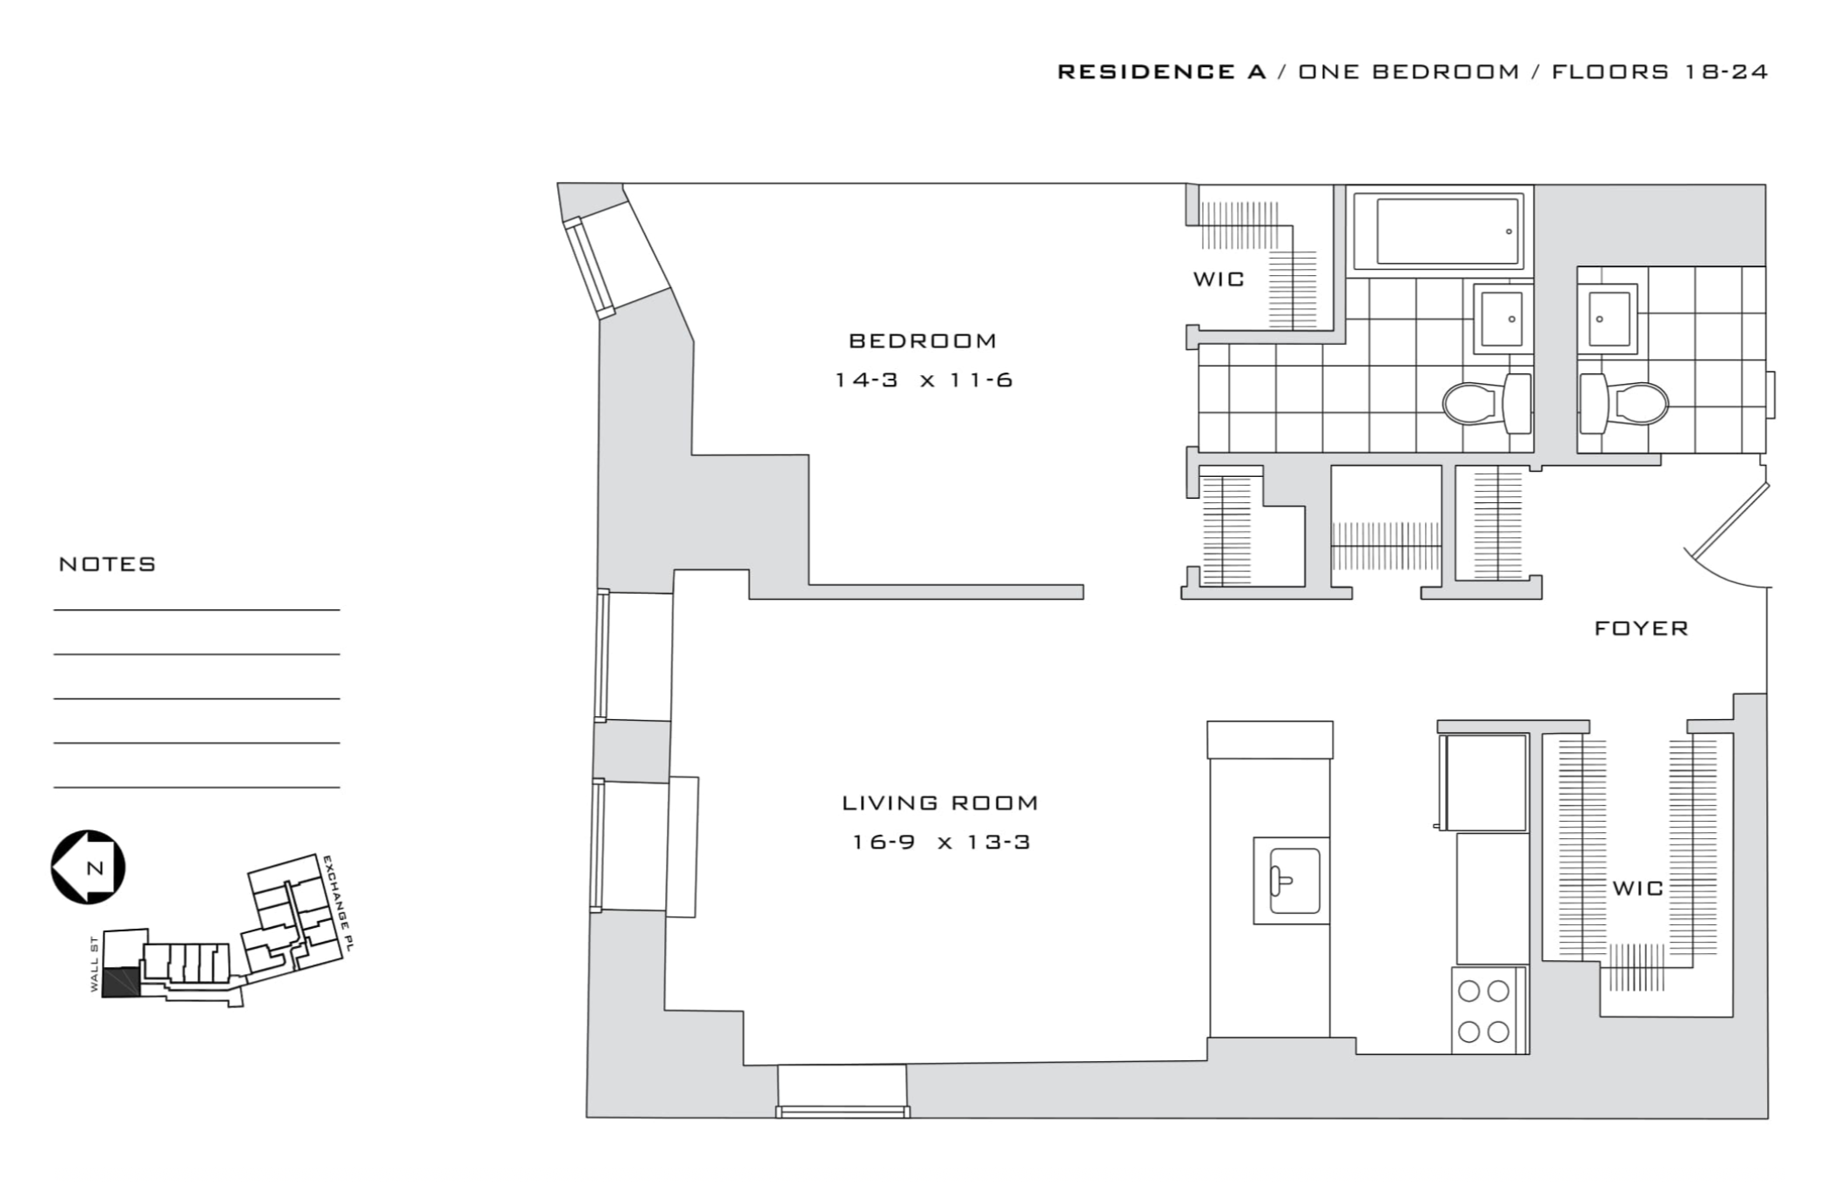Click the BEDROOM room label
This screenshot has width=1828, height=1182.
(x=923, y=341)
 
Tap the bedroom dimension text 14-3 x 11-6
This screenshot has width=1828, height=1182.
(x=924, y=380)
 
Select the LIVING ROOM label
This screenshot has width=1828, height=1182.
(x=940, y=803)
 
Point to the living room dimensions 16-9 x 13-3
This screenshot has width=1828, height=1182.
(x=940, y=843)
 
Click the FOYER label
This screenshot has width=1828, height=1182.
(x=1641, y=628)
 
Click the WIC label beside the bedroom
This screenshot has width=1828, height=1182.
(x=1219, y=279)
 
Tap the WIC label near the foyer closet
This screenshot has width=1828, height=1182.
(x=1637, y=889)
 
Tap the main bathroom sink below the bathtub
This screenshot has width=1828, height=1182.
(x=1502, y=319)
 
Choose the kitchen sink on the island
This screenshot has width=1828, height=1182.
(x=1293, y=880)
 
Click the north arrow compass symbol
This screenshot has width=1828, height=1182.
(x=88, y=867)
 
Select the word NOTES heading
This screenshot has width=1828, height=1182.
(x=107, y=564)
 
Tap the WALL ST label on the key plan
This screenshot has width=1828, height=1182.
(x=94, y=964)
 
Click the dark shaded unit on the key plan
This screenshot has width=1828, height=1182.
(x=120, y=981)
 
